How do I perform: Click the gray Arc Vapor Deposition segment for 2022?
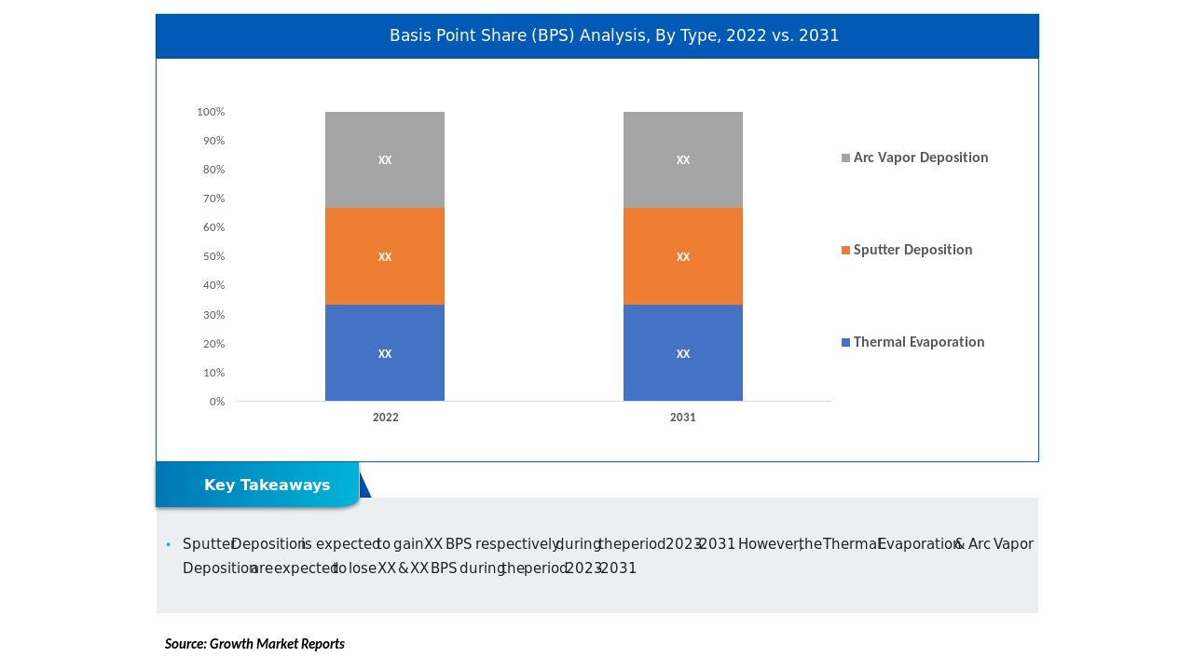[x=385, y=160]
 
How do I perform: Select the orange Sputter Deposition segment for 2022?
[x=385, y=256]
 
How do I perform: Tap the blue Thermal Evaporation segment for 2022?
[x=385, y=353]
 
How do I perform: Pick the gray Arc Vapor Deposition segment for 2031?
[x=683, y=160]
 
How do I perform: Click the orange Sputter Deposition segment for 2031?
[x=683, y=256]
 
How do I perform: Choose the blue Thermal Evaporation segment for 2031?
[x=683, y=353]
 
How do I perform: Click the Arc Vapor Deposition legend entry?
[x=920, y=157]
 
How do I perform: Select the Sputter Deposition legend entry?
[x=912, y=250]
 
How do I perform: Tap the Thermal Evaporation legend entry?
[x=918, y=342]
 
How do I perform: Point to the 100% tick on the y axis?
[x=211, y=112]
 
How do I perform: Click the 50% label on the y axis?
[x=214, y=256]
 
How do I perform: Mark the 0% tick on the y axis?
[x=217, y=402]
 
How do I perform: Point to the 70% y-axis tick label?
[x=214, y=199]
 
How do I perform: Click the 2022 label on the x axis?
[x=386, y=418]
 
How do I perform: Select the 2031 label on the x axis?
[x=683, y=418]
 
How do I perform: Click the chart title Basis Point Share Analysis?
[x=614, y=35]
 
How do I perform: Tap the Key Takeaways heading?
[x=267, y=486]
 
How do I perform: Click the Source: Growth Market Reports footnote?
[x=254, y=644]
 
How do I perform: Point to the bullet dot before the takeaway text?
[x=169, y=544]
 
